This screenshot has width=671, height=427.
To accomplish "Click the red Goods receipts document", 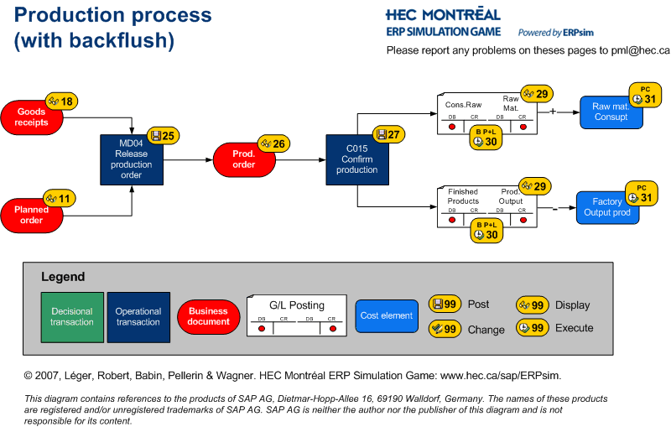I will [31, 117].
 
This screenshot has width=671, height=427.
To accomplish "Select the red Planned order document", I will [31, 215].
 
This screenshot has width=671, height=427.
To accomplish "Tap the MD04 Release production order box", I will [132, 159].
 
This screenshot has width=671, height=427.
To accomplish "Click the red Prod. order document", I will [243, 159].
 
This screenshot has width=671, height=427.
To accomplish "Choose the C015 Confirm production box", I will [357, 159].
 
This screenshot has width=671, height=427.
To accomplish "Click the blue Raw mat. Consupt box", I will [611, 112].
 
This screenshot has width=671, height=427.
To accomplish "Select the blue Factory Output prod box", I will [607, 207].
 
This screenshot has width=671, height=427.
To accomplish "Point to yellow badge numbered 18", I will [60, 102].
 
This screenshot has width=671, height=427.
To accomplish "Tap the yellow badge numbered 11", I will [59, 199].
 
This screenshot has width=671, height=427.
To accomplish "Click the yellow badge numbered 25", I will [163, 135].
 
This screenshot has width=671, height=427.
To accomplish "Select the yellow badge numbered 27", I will [389, 134].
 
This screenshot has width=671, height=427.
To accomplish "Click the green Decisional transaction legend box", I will [72, 317].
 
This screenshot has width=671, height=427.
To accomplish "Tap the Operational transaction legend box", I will [138, 317].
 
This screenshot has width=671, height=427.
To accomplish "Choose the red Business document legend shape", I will [208, 316].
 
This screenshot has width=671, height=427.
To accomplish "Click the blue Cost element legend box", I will [386, 315].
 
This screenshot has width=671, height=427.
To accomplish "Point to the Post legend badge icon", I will [445, 304].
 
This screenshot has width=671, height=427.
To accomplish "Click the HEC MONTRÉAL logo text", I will [442, 14].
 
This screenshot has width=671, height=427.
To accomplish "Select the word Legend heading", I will [63, 277].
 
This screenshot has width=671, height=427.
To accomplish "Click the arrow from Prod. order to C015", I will [300, 159].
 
